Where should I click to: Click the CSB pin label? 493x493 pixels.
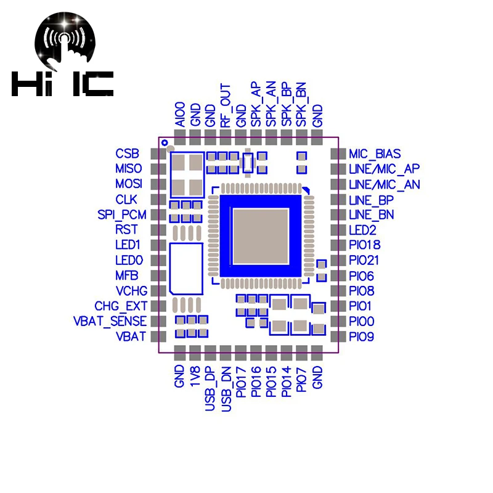click(127, 153)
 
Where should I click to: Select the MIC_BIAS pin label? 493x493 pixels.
click(375, 153)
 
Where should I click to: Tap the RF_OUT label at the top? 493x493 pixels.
click(226, 105)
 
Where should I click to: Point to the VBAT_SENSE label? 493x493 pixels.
click(110, 321)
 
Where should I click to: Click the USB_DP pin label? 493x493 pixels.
click(210, 389)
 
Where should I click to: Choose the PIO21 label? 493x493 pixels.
click(364, 260)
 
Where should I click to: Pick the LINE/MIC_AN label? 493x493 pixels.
click(385, 184)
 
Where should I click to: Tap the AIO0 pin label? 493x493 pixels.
click(180, 115)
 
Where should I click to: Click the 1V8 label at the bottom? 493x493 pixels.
click(195, 376)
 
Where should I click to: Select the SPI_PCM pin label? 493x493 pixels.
click(122, 214)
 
